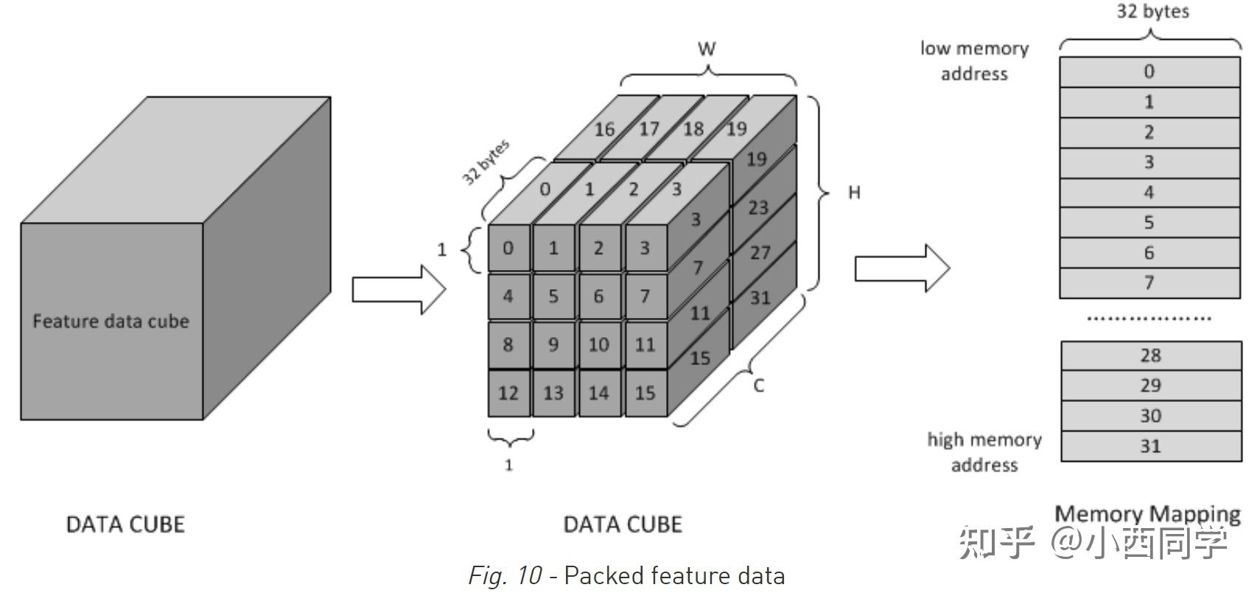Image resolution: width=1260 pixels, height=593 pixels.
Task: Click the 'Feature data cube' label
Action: [x=111, y=322]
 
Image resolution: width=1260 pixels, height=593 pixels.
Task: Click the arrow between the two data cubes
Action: [x=399, y=289]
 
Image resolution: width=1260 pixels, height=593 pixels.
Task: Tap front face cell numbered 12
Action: [x=508, y=393]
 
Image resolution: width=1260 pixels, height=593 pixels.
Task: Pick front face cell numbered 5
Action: [x=553, y=296]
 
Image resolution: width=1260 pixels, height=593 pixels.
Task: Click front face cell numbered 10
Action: [x=598, y=344]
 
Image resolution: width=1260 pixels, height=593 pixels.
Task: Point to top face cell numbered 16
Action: [x=604, y=129]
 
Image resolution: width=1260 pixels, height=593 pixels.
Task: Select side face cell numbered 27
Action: [x=760, y=253]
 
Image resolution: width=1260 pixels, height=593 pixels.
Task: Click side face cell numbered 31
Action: [x=760, y=298]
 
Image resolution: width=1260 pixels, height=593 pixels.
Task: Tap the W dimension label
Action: [x=707, y=49]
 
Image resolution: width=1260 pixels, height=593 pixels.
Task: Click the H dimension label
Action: [x=854, y=193]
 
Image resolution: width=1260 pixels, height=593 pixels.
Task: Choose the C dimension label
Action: [x=759, y=385]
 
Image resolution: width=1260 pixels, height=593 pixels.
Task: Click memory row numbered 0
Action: [x=1149, y=72]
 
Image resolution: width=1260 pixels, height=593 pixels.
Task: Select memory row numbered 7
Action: [x=1149, y=283]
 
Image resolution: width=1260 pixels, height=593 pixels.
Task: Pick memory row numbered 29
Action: [x=1151, y=386]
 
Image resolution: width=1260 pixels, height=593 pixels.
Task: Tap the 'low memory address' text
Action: [x=974, y=60]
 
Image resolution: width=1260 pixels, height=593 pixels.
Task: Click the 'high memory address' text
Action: [x=984, y=452]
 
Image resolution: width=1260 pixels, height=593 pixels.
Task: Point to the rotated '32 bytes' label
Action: [x=486, y=162]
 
